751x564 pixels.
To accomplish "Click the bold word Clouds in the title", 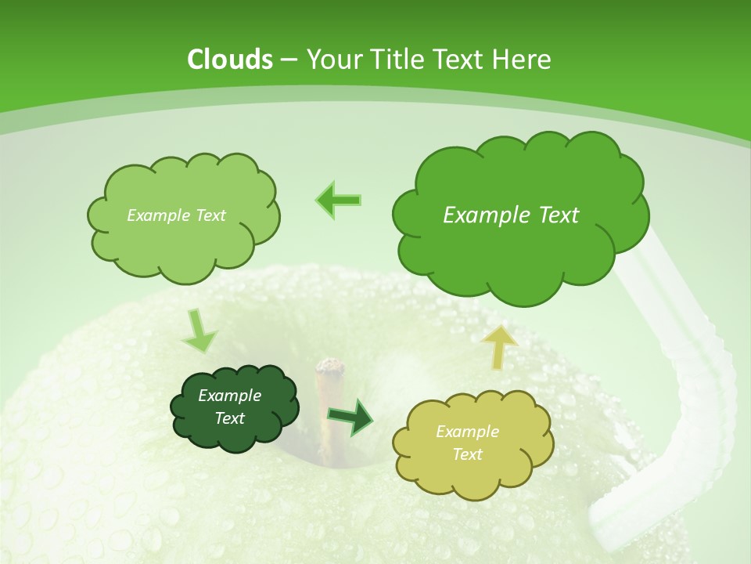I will (230, 60).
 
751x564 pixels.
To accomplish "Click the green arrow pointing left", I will (339, 200).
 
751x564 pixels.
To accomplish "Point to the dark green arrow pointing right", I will (350, 418).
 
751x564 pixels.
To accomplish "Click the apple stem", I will (328, 392).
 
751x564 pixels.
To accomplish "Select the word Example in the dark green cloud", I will (229, 396).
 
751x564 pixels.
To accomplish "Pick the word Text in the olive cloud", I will (467, 454).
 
